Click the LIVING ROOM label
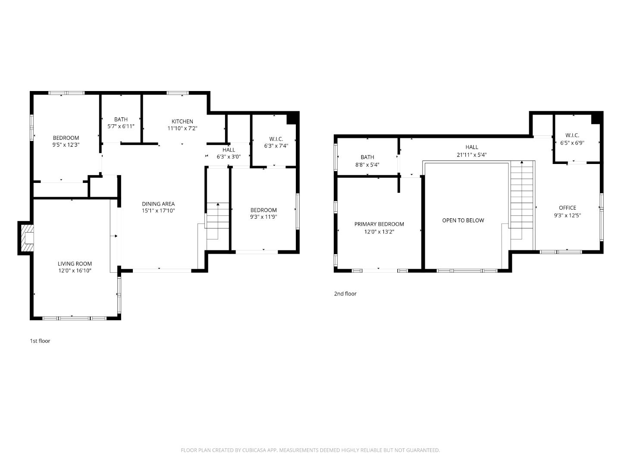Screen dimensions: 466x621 [x=75, y=264]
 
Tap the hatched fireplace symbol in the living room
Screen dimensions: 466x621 [x=27, y=238]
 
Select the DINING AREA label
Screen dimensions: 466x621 [x=158, y=204]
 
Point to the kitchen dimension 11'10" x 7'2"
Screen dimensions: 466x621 [x=182, y=128]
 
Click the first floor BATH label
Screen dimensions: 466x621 [x=121, y=120]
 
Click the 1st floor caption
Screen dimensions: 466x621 [x=40, y=341]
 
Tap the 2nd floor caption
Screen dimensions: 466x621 [x=345, y=294]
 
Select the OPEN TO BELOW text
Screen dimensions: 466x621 [x=463, y=220]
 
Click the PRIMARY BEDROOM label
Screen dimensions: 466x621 [x=379, y=224]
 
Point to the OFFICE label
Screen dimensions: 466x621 [x=567, y=208]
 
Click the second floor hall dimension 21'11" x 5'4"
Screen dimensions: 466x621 [x=472, y=154]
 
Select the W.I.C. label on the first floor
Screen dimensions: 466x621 [x=276, y=139]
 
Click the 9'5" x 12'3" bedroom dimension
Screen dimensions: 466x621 [x=66, y=145]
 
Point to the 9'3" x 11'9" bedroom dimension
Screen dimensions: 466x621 [x=263, y=217]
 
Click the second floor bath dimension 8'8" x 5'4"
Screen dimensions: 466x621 [x=367, y=164]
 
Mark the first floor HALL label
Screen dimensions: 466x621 [x=229, y=150]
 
